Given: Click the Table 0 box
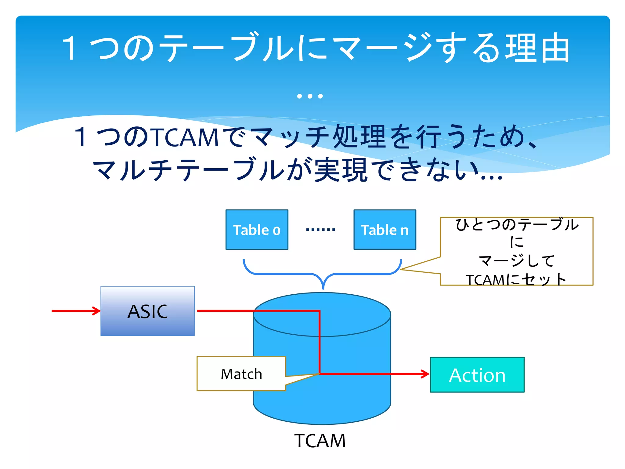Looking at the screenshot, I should [257, 230].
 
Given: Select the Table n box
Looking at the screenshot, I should [385, 230].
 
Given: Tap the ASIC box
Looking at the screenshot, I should [147, 311].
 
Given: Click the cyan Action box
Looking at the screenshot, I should [477, 375].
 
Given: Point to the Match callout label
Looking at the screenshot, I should [241, 374].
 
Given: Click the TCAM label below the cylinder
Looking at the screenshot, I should [320, 441].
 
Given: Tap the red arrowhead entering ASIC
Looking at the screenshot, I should [97, 311].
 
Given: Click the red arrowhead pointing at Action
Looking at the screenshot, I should [426, 374].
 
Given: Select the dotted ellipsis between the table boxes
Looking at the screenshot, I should [320, 230].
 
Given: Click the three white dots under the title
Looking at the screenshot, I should [310, 96].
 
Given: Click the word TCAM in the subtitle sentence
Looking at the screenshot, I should [186, 137].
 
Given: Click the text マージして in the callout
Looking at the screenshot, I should [516, 261].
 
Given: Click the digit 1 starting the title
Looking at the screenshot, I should [70, 48].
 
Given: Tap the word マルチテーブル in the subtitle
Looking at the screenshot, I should [189, 170].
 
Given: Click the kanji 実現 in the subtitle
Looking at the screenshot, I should [341, 170].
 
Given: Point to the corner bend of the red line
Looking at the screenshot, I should [319, 311].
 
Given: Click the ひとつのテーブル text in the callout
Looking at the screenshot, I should [517, 224].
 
